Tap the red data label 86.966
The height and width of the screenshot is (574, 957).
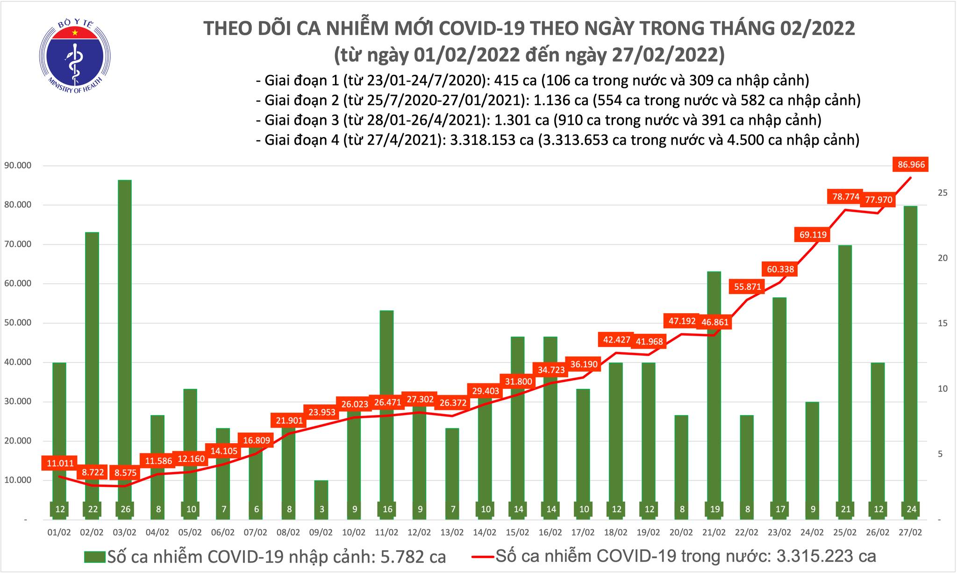(911, 165)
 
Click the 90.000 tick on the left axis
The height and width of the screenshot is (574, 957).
(17, 165)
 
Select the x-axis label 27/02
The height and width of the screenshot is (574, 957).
(910, 532)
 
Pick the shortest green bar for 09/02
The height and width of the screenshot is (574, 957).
(321, 495)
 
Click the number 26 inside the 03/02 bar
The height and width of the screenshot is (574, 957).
(125, 509)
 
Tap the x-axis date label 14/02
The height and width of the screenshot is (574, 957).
(485, 532)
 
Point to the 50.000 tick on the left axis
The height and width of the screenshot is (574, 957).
(17, 323)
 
